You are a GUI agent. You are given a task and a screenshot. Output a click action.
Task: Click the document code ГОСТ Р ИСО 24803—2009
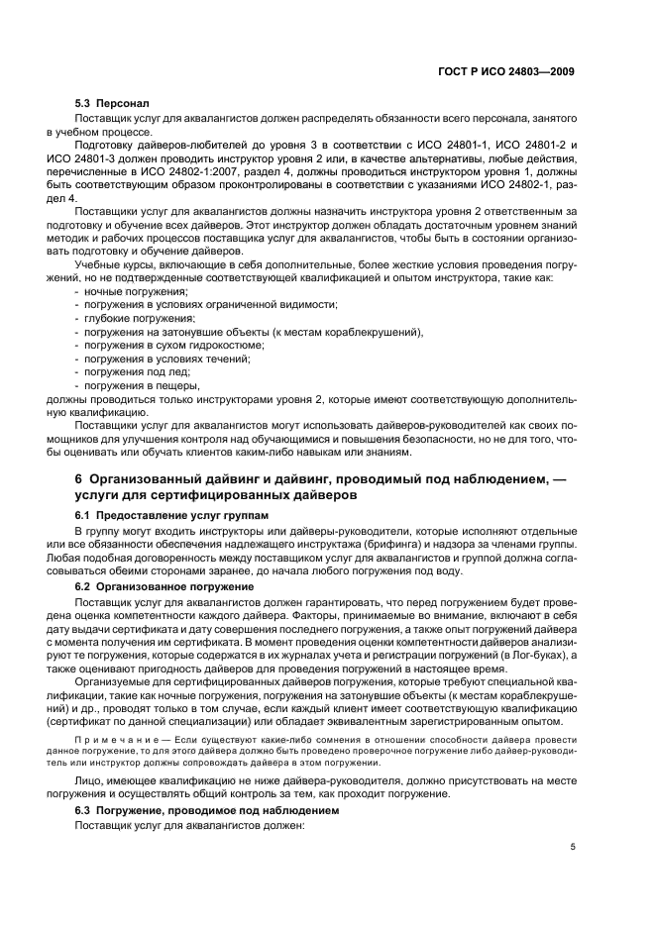[x=506, y=72]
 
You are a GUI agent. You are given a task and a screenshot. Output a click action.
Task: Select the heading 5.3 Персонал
[x=112, y=103]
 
